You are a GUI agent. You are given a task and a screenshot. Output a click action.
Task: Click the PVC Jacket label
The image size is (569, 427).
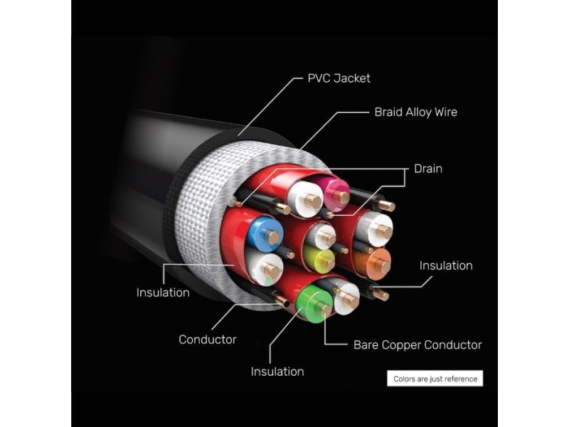point(339,78)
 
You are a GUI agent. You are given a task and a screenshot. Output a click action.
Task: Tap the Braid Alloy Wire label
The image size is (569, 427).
point(415,112)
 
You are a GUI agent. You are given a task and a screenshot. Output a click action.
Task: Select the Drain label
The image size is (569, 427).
point(428,169)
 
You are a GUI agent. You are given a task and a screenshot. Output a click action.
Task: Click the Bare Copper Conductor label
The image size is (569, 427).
point(418,345)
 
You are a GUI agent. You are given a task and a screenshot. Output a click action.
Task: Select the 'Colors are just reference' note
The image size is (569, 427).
point(435,379)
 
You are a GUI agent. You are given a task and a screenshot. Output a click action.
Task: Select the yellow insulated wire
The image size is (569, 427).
point(318,259)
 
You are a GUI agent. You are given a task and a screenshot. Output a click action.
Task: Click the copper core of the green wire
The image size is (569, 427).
point(324,309)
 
